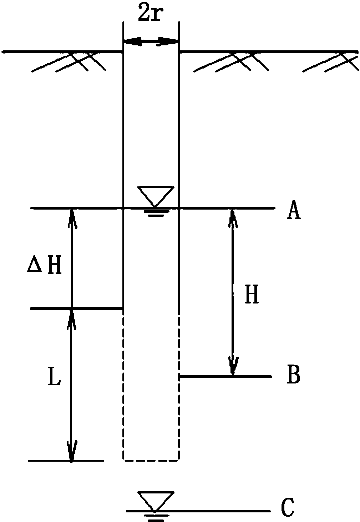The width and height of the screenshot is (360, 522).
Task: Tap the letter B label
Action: click(293, 376)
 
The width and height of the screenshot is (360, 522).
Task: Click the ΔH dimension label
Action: click(45, 266)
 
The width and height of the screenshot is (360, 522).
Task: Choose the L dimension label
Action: click(54, 379)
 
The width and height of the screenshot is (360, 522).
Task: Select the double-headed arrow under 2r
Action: click(150, 42)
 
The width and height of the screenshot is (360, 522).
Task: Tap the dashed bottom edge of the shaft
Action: click(151, 460)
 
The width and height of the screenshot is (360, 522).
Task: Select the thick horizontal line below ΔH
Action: click(77, 308)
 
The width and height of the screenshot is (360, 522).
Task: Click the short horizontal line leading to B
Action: click(225, 376)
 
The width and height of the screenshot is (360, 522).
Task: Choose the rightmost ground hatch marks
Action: click(330, 61)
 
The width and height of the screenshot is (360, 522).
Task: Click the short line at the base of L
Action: click(66, 461)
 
